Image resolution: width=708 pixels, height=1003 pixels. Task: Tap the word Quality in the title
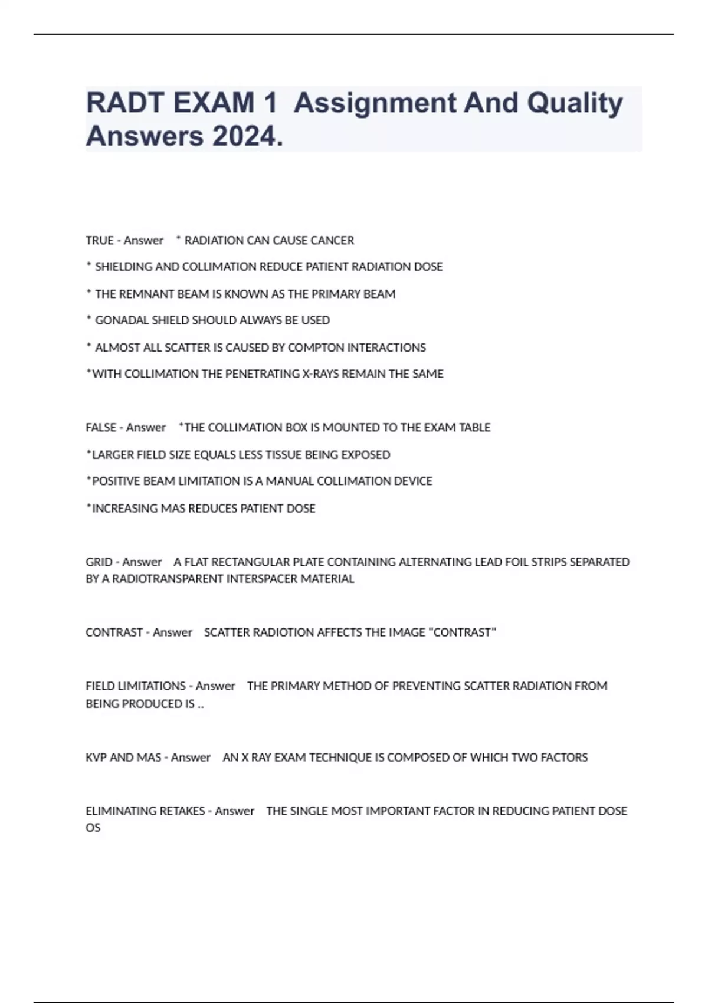click(x=575, y=103)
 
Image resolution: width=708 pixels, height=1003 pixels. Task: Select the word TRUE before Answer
click(x=99, y=240)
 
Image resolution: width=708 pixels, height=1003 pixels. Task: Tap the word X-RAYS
click(x=320, y=373)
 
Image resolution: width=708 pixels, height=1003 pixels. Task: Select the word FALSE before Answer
click(x=101, y=427)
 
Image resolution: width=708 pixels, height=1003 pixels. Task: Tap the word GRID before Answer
click(x=99, y=562)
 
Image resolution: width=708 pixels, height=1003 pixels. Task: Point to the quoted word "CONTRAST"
click(x=463, y=632)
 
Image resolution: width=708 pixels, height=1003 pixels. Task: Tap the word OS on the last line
click(x=93, y=828)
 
